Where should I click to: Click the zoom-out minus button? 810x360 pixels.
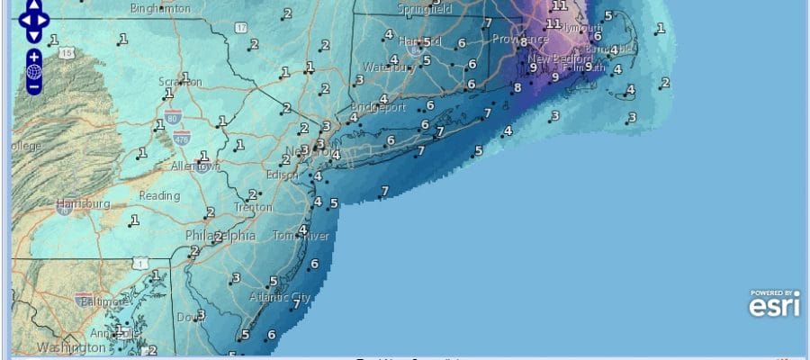pos(33,87)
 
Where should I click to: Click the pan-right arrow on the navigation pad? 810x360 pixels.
pos(47,19)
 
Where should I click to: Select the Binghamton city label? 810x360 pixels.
pos(161,8)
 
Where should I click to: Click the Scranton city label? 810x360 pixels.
pos(180,82)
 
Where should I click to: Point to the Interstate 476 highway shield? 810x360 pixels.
pos(183,137)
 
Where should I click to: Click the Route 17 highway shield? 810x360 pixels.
pos(241,30)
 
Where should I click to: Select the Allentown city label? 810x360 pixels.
pos(195,166)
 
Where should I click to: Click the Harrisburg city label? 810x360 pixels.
pos(83,204)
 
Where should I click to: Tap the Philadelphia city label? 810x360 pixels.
pos(220,236)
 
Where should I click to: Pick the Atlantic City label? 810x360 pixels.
pos(279,297)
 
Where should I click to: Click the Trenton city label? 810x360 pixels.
pos(253,207)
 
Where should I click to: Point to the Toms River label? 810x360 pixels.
pos(301,237)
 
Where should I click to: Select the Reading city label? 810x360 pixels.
pos(159,195)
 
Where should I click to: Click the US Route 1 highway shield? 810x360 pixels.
pos(138,263)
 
